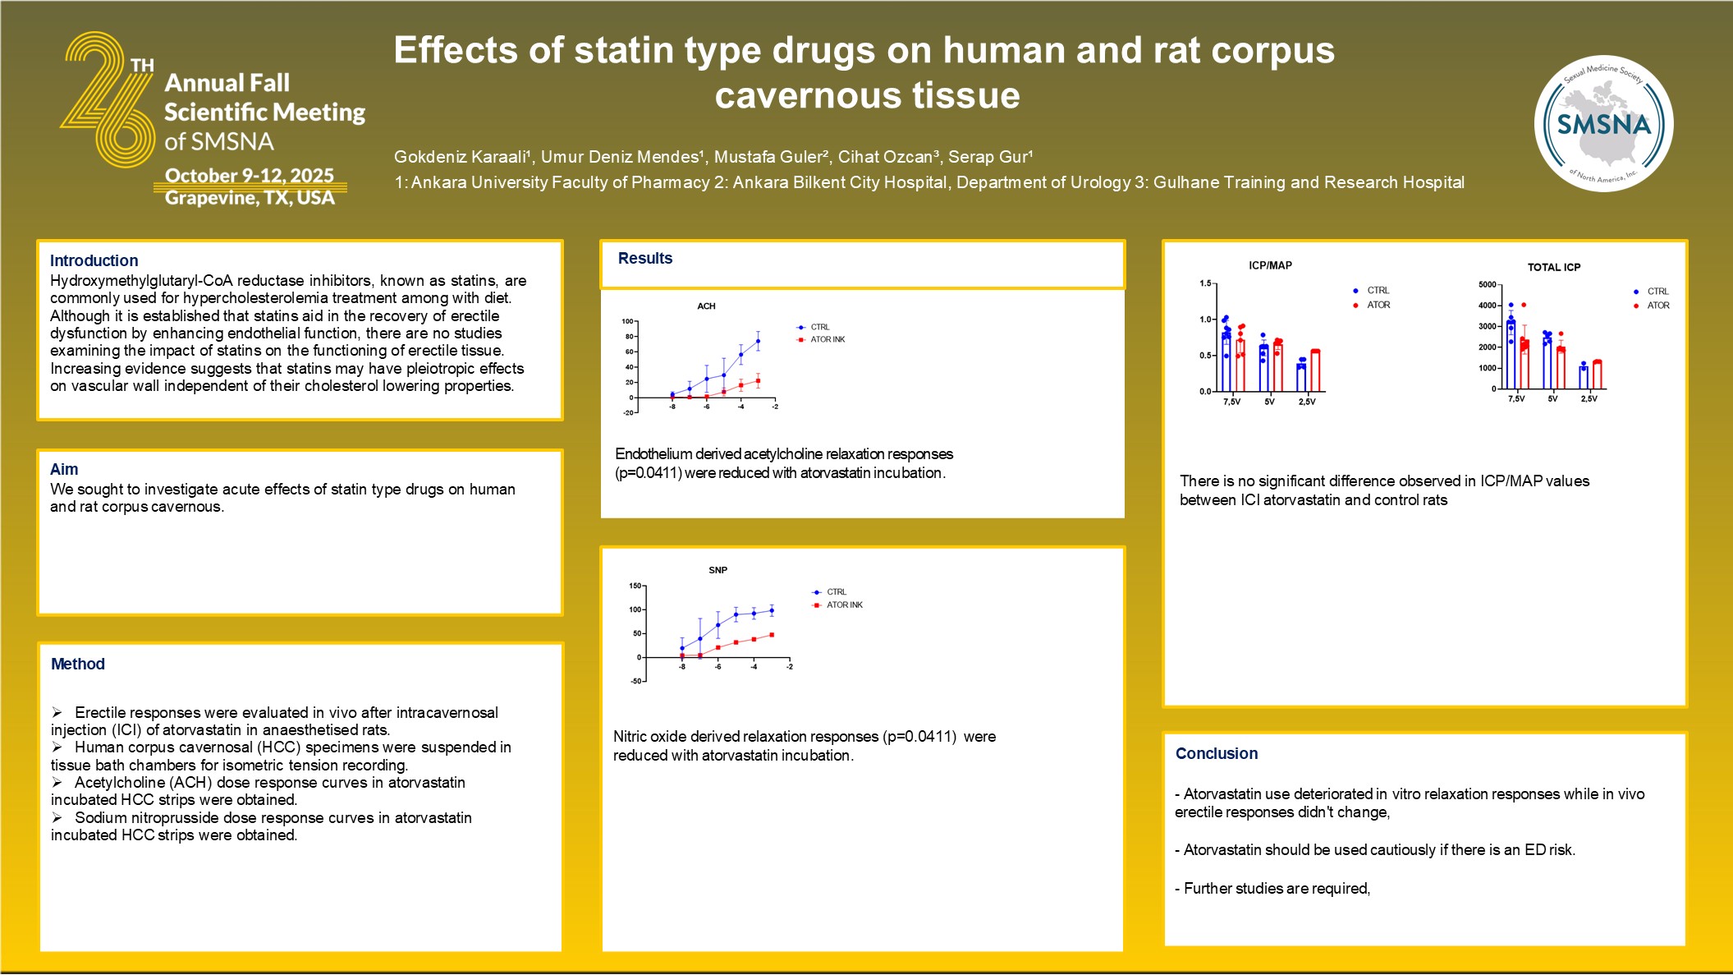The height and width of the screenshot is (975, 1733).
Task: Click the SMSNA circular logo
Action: tap(1603, 124)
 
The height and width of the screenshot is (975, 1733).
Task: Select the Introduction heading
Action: tap(94, 260)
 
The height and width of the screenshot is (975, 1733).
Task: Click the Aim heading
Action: tap(64, 469)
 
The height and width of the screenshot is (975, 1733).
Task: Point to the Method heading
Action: tap(78, 664)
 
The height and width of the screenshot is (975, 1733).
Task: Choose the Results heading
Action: tap(645, 258)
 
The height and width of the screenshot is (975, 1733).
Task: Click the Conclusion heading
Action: tap(1216, 753)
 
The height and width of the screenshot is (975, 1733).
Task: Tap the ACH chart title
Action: tap(706, 306)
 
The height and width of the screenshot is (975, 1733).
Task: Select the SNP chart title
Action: tap(717, 570)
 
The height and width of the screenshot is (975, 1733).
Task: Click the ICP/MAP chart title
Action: tap(1270, 265)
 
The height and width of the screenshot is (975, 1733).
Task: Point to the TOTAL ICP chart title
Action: tap(1553, 267)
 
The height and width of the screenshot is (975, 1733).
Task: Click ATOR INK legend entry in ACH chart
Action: tap(827, 339)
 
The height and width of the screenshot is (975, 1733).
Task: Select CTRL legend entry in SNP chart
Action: tap(836, 591)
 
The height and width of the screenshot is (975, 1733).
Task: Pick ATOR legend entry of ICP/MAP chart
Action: tap(1378, 305)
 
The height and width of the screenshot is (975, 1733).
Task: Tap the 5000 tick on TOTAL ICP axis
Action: tap(1487, 284)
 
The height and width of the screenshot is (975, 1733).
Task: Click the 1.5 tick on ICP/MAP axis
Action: tap(1205, 283)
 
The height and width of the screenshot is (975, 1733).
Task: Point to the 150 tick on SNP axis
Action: tap(635, 586)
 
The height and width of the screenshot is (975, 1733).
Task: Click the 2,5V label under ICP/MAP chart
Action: tap(1307, 402)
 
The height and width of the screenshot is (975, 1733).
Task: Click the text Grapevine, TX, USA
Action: tap(250, 198)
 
